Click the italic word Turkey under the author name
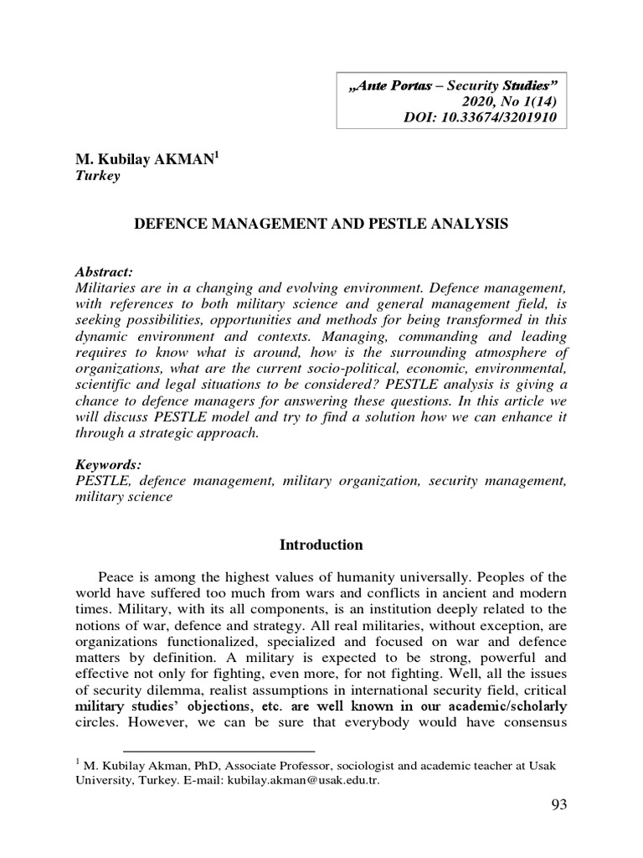point(98,176)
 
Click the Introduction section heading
point(321,545)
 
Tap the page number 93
point(559,805)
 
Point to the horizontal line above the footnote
point(219,752)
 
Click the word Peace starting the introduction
point(116,577)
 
